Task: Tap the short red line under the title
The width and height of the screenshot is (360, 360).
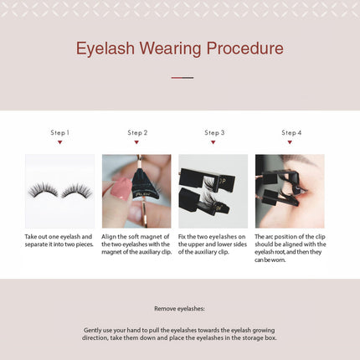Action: (x=182, y=78)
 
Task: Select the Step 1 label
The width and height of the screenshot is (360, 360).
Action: (x=59, y=132)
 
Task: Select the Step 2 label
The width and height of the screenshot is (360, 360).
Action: (x=137, y=132)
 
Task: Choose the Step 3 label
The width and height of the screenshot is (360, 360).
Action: (x=214, y=132)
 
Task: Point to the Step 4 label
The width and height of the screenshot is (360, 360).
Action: (x=291, y=132)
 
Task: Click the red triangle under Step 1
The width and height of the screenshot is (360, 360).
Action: (x=59, y=142)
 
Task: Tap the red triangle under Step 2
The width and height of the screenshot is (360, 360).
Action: (x=137, y=142)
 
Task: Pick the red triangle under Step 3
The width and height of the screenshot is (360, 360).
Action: (x=214, y=142)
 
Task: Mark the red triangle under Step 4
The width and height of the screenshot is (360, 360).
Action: (x=291, y=142)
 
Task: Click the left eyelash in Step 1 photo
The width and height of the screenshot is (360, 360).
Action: (x=43, y=190)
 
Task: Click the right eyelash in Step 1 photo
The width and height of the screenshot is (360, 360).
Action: (x=76, y=190)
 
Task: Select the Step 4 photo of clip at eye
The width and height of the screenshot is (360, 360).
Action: (x=290, y=192)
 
